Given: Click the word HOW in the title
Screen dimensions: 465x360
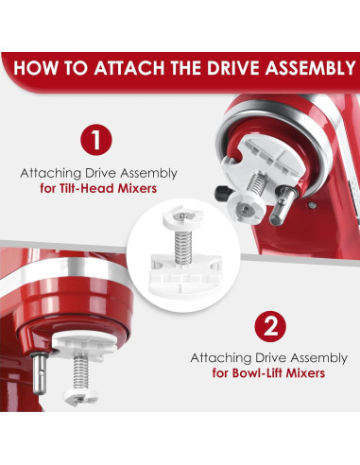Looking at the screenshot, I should pyautogui.click(x=44, y=68).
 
